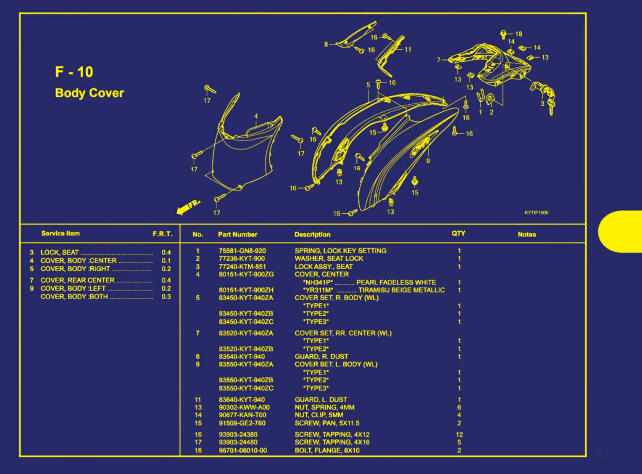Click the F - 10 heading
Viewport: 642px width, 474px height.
tap(74, 72)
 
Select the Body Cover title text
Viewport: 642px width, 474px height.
tap(89, 93)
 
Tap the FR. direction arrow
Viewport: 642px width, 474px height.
tap(189, 207)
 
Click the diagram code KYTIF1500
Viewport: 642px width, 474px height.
tap(537, 213)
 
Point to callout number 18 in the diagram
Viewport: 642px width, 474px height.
tap(519, 34)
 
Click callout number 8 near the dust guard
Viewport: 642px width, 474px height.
tap(326, 45)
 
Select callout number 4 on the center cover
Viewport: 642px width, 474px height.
tap(256, 116)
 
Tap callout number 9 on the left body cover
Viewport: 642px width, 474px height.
tap(428, 161)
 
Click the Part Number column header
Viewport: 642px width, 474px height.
tap(237, 234)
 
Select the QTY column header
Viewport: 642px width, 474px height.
tap(458, 233)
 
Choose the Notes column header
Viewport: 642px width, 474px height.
tap(527, 234)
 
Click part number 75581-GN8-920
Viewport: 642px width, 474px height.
tap(242, 251)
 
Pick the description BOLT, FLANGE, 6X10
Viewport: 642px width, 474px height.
tap(327, 450)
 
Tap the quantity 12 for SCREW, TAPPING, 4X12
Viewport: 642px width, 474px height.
tap(459, 435)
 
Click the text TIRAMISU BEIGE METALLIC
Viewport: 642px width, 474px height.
tap(402, 290)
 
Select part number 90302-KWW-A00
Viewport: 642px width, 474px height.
tap(244, 408)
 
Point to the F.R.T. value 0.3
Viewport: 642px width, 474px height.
tap(166, 297)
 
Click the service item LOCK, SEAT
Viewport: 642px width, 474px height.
tap(60, 252)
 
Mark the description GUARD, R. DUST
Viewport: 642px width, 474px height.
tap(321, 357)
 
